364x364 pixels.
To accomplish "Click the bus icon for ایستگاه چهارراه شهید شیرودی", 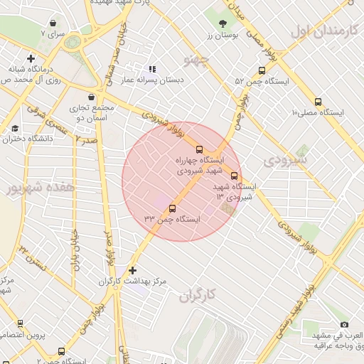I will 199,149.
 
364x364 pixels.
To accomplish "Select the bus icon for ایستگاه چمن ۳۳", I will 172,208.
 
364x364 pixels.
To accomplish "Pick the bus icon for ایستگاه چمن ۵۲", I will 262,70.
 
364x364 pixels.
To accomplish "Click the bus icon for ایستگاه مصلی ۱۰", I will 318,102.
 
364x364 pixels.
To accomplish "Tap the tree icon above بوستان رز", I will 223,24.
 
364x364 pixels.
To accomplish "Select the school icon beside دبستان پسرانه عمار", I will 151,70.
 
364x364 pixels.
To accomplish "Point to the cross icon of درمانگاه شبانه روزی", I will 30,58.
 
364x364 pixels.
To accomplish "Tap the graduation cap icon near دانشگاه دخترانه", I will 15,129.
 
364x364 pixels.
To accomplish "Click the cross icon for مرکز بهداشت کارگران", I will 132,270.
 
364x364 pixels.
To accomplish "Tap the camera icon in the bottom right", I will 345,324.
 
